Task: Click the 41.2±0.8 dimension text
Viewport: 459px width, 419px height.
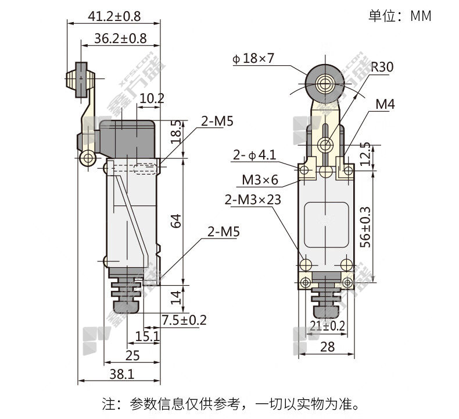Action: point(114,16)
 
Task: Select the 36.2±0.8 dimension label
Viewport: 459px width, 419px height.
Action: point(120,39)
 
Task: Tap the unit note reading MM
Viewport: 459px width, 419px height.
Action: point(421,16)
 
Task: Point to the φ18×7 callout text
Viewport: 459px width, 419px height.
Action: point(253,58)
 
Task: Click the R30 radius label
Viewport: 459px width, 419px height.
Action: point(382,67)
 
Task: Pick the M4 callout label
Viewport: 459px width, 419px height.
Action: point(385,104)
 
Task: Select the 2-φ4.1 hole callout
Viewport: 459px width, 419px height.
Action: point(254,155)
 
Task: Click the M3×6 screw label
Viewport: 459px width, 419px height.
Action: point(260,180)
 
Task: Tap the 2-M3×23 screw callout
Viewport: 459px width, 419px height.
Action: point(253,200)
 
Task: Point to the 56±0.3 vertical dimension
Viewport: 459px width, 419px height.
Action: point(365,227)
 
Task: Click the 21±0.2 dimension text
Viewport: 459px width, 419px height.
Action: point(327,326)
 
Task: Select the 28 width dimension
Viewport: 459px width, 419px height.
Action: point(327,347)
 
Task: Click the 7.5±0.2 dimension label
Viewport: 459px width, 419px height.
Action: point(184,320)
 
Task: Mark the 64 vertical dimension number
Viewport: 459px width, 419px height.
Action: point(176,221)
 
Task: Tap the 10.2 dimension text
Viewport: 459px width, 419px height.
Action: point(152,98)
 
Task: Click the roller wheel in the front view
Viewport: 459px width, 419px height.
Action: point(325,84)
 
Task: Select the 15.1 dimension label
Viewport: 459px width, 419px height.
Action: point(147,336)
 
